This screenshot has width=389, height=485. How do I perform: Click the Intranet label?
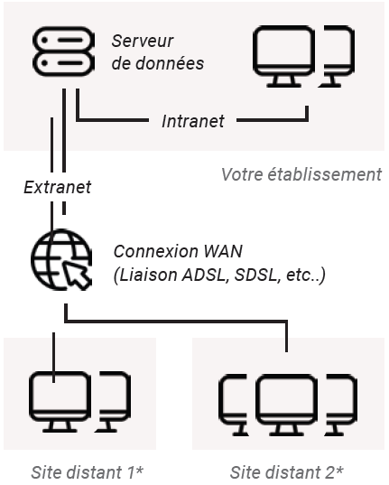[192, 120]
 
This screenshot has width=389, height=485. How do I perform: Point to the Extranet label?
[58, 188]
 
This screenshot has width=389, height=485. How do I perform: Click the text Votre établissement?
[301, 173]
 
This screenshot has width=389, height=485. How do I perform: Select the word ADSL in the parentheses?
[196, 274]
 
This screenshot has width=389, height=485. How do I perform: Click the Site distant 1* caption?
[88, 471]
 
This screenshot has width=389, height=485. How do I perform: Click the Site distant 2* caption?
[286, 471]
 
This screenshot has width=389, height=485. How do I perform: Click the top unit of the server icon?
[60, 40]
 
